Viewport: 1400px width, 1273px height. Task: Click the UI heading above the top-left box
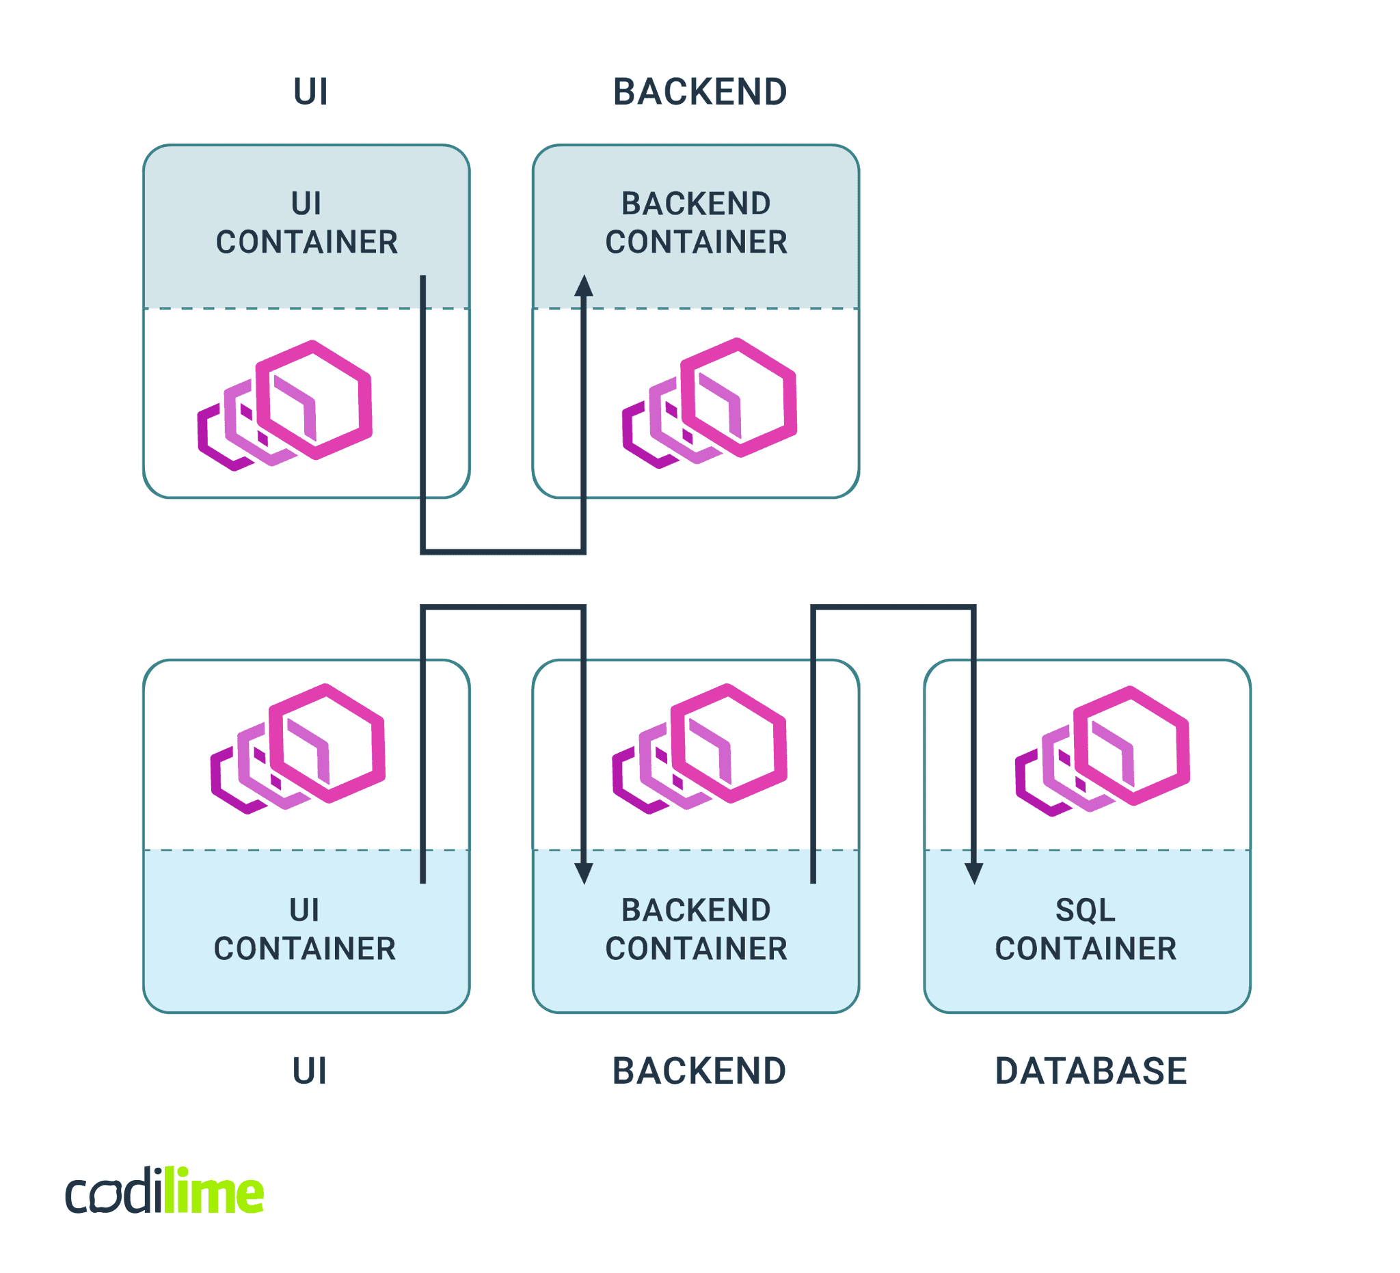coord(310,92)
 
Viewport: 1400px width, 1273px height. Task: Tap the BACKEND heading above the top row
coord(699,92)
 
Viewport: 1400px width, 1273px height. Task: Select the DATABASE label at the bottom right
coord(1090,1071)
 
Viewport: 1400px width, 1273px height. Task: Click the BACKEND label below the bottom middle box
coord(699,1071)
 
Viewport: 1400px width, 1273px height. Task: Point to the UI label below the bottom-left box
coord(309,1071)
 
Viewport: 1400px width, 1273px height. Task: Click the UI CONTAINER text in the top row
coord(306,223)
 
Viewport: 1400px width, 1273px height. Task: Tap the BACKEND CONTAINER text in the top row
coord(696,223)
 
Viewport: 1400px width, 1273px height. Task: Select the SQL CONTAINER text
coord(1086,929)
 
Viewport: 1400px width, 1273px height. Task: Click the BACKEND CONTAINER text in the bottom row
coord(696,929)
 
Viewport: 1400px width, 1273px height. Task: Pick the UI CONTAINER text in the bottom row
coord(305,929)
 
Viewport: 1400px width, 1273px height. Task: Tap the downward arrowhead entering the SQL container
coord(973,873)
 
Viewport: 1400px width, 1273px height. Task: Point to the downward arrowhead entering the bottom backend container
coord(583,873)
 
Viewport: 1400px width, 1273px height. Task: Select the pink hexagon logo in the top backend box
coord(710,402)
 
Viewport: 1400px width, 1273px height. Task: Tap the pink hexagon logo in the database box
coord(1103,750)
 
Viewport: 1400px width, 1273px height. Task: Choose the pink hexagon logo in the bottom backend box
coord(700,748)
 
